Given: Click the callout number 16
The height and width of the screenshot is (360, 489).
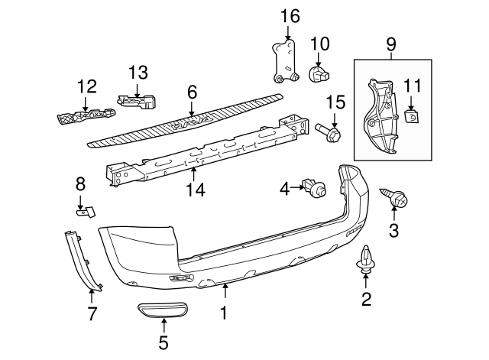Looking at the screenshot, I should (x=289, y=15).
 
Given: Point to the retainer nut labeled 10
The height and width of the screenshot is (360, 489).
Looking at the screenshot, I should (x=319, y=74).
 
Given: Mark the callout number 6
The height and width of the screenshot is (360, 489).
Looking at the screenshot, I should (x=192, y=92).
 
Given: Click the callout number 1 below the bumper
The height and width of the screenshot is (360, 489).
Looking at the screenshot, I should (x=225, y=312).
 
